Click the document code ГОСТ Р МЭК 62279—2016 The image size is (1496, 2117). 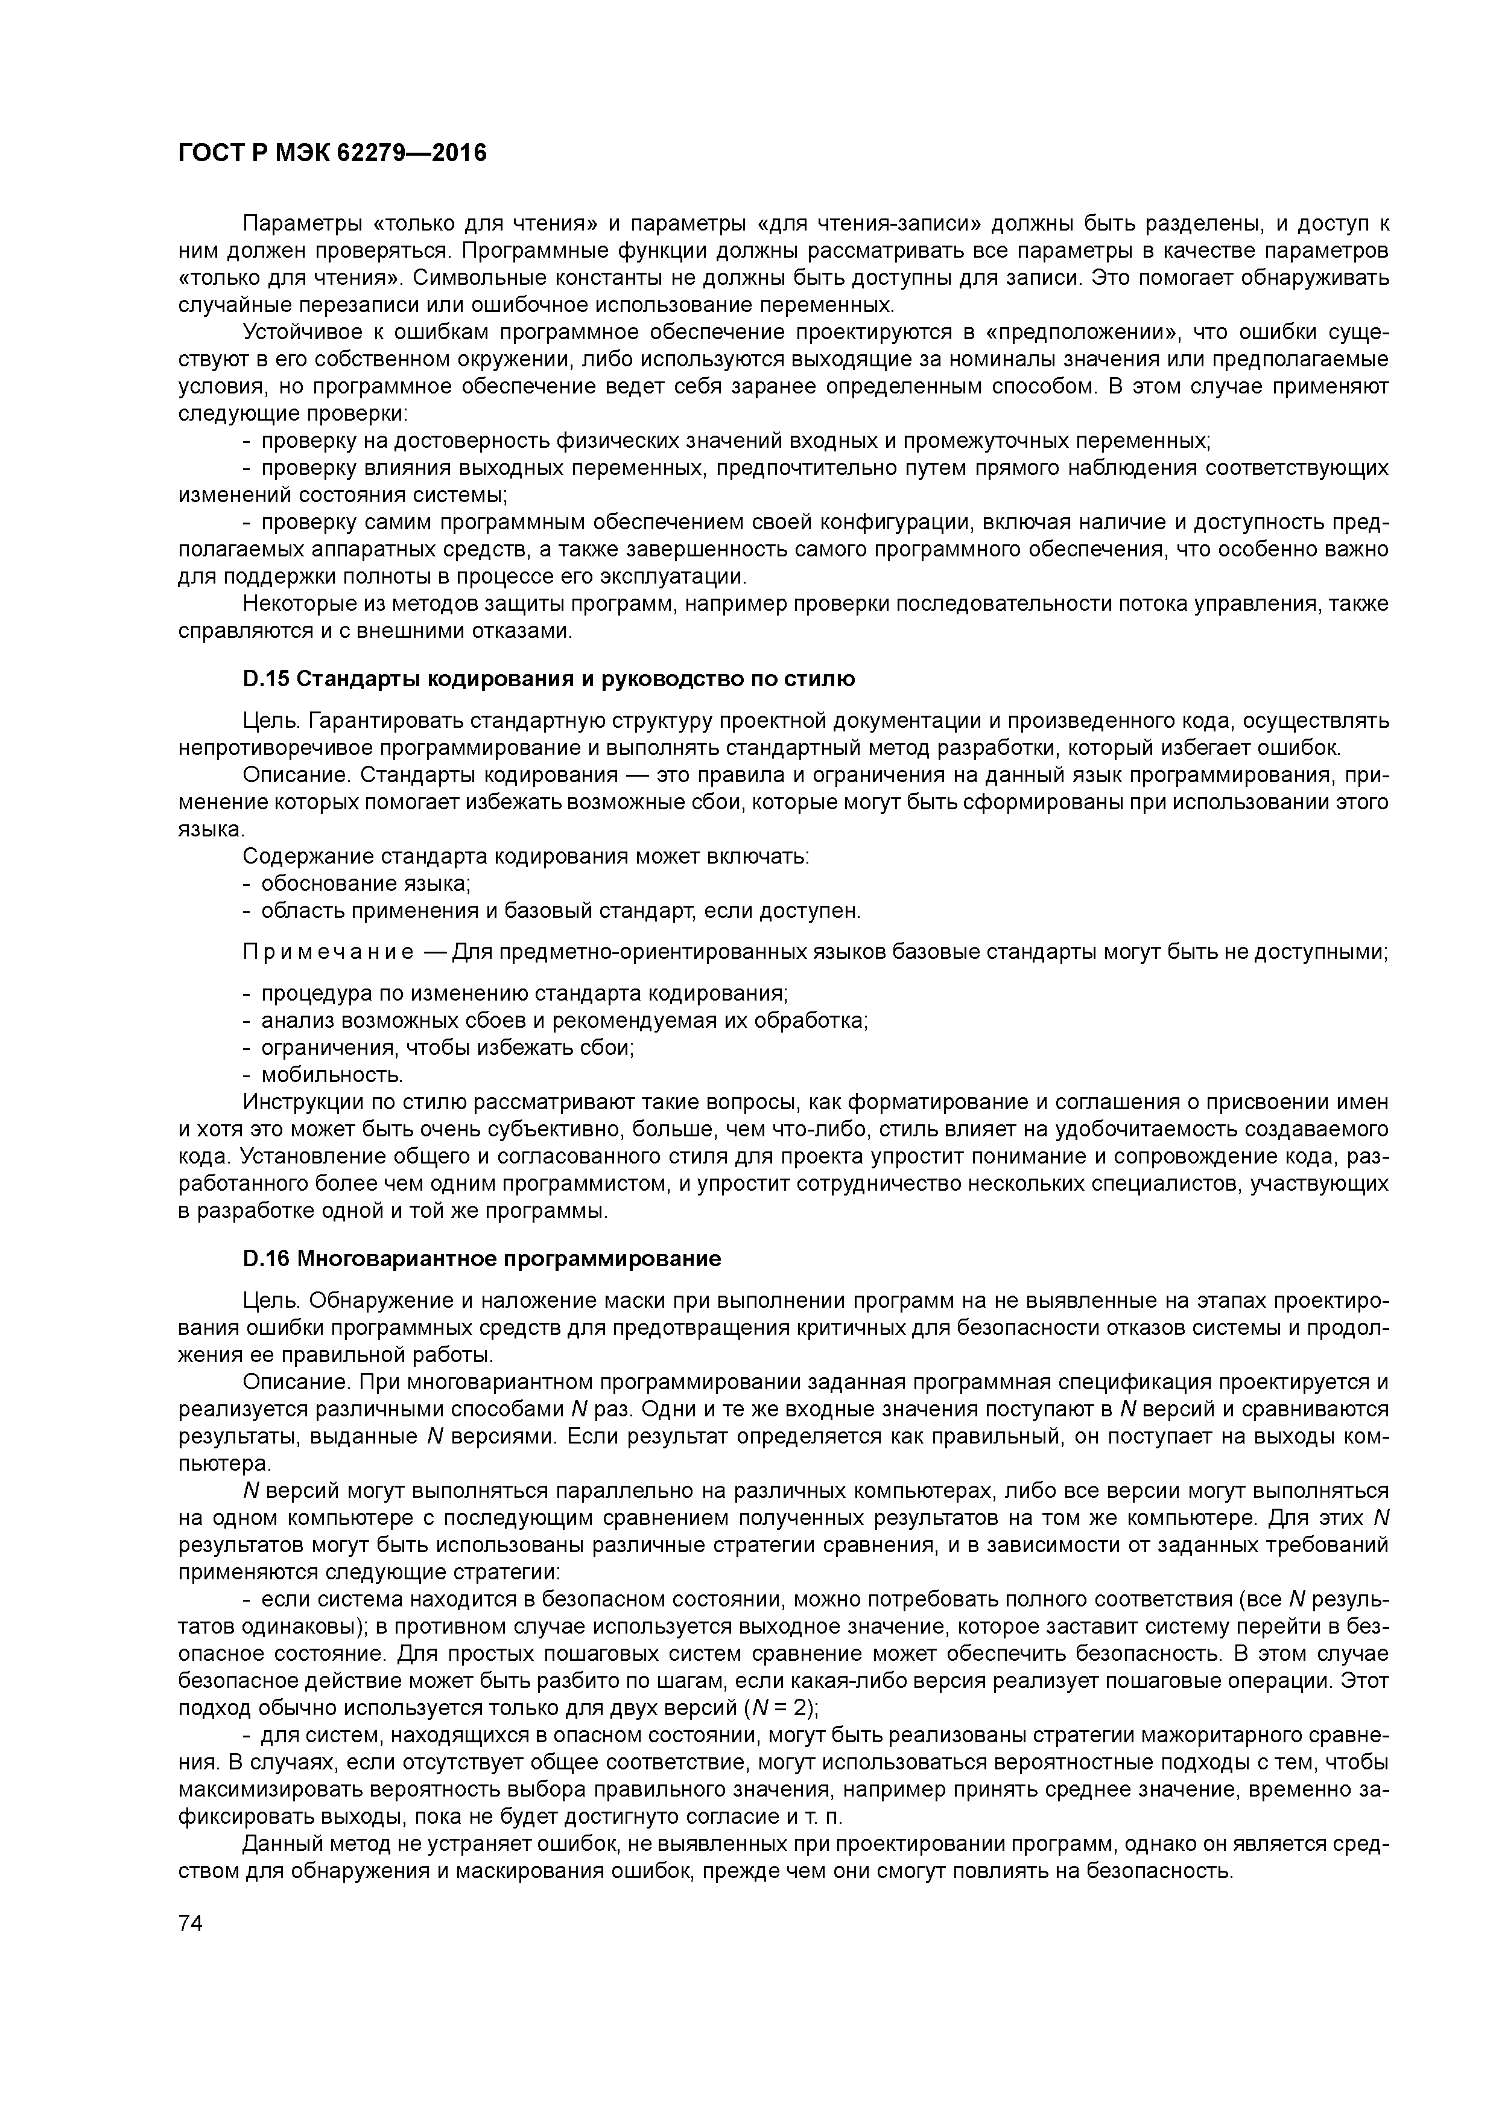pos(332,153)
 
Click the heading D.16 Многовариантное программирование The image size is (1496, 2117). pos(481,1259)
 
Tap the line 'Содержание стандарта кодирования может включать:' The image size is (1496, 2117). pos(527,856)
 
